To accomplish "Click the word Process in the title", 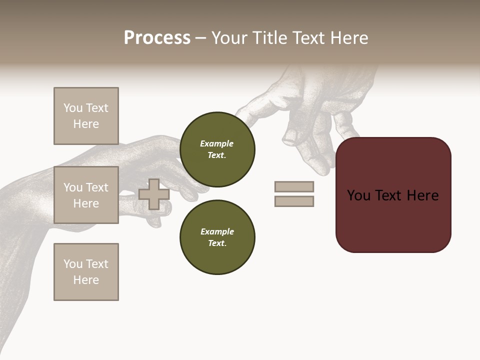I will (x=157, y=38).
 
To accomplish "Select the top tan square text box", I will (x=86, y=116).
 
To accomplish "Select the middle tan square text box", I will (x=86, y=195).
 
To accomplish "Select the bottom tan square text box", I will (x=86, y=272).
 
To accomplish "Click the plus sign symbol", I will (x=154, y=194).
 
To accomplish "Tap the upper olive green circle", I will (x=217, y=149).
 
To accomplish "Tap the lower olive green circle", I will (x=217, y=237).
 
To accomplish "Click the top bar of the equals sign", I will (x=294, y=186).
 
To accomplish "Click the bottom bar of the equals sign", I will (x=294, y=201).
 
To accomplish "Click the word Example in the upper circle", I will (x=216, y=143).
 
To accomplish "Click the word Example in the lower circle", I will (x=217, y=231).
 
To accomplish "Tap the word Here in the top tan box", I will (x=86, y=124).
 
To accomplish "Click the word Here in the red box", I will (x=422, y=195).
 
